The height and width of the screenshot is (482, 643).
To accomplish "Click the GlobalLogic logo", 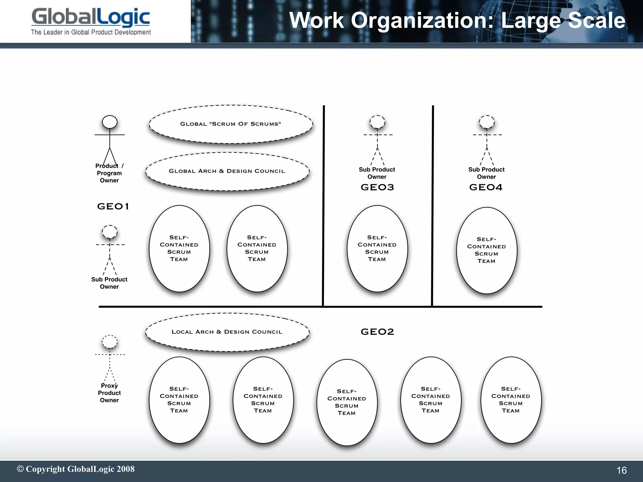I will (91, 17).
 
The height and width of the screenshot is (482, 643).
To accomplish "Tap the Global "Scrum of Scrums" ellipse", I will (231, 124).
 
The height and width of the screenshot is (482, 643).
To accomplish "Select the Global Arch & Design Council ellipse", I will (227, 171).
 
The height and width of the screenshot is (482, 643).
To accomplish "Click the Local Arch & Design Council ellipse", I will (227, 332).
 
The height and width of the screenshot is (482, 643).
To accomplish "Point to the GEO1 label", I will (113, 206).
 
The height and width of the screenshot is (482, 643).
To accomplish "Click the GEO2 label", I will (377, 332).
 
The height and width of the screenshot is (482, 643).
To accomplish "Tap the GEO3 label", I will (377, 187).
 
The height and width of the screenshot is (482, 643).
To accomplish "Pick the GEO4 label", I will (486, 187).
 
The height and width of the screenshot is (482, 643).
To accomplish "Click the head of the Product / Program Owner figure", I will (110, 122).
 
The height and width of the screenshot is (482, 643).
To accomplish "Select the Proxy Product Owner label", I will (109, 393).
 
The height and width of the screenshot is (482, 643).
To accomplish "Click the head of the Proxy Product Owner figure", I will (110, 342).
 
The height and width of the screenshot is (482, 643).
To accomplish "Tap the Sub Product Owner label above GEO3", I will (377, 173).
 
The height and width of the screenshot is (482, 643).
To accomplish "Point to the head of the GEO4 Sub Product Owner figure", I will (487, 122).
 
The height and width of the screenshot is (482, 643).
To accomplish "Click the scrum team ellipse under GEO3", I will (377, 249).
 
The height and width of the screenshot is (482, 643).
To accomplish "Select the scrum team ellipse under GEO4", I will (487, 250).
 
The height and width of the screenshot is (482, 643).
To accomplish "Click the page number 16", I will (621, 470).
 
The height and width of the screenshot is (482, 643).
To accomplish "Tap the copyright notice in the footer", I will (76, 469).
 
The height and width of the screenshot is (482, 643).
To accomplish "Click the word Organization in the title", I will (424, 20).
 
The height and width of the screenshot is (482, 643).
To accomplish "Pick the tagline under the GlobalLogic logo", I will (91, 32).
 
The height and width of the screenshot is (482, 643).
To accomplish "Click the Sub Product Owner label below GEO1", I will (109, 283).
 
